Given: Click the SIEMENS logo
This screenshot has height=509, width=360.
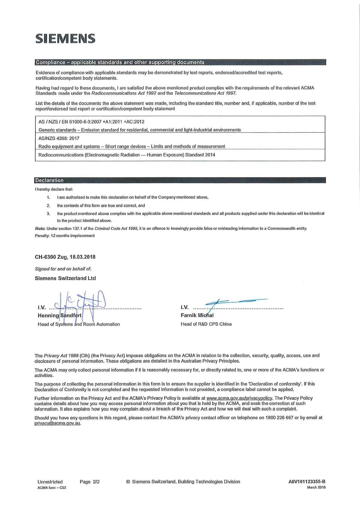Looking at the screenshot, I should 65,38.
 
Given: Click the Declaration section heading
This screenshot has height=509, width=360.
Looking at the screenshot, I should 49,180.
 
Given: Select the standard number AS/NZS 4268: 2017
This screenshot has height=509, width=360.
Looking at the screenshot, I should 59,138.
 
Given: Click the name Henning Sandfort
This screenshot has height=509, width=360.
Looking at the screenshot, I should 60,315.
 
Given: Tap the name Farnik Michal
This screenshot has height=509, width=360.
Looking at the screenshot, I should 197,315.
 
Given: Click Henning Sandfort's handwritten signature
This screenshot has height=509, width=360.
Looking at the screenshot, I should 80,301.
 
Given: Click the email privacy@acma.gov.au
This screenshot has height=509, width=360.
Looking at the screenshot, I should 57,423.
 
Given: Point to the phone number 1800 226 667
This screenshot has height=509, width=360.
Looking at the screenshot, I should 279,418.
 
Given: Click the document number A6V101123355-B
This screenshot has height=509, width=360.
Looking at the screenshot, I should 307,481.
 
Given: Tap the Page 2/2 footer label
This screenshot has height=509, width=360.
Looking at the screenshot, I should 90,482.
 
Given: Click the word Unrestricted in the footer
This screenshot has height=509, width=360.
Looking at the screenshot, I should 50,482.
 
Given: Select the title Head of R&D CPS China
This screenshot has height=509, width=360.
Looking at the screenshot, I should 206,324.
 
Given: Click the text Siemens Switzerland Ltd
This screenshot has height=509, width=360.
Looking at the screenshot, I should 65,278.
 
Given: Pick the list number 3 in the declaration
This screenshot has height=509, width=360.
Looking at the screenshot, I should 48,214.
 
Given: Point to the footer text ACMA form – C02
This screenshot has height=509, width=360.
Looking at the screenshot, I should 52,488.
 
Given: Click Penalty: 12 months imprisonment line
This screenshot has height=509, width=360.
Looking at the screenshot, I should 65,236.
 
